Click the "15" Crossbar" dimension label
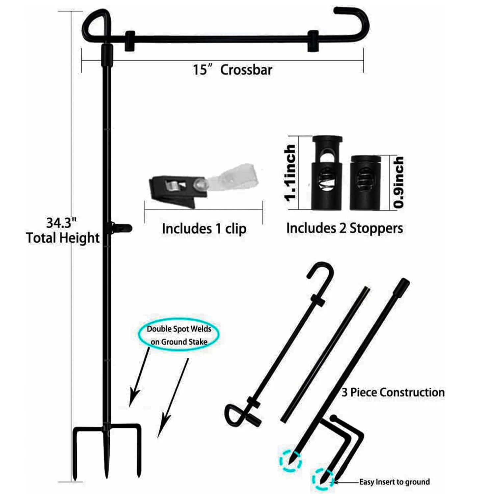coord(233,70)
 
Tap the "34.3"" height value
coord(61,223)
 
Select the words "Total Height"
coord(63,238)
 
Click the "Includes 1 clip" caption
coord(204,229)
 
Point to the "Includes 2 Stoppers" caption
coord(344,228)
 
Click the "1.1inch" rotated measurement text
coord(290,173)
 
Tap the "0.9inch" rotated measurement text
coord(398,182)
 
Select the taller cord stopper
coord(327,173)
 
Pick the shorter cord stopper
coord(365,183)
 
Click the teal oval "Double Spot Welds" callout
coord(179,335)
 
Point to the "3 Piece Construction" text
coord(393,392)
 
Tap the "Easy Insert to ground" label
coord(395,482)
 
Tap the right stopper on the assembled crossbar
coord(313,41)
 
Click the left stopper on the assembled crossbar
coord(130,41)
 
